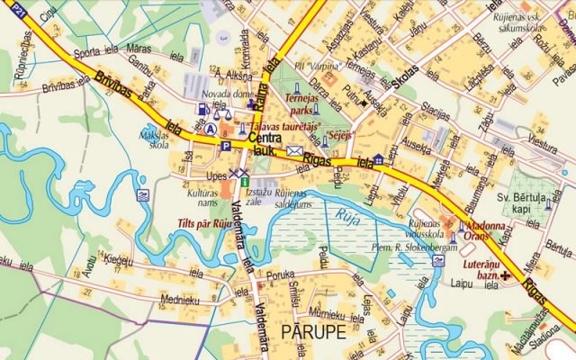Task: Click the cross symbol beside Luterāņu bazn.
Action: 507,274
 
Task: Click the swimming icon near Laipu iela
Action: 438,260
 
